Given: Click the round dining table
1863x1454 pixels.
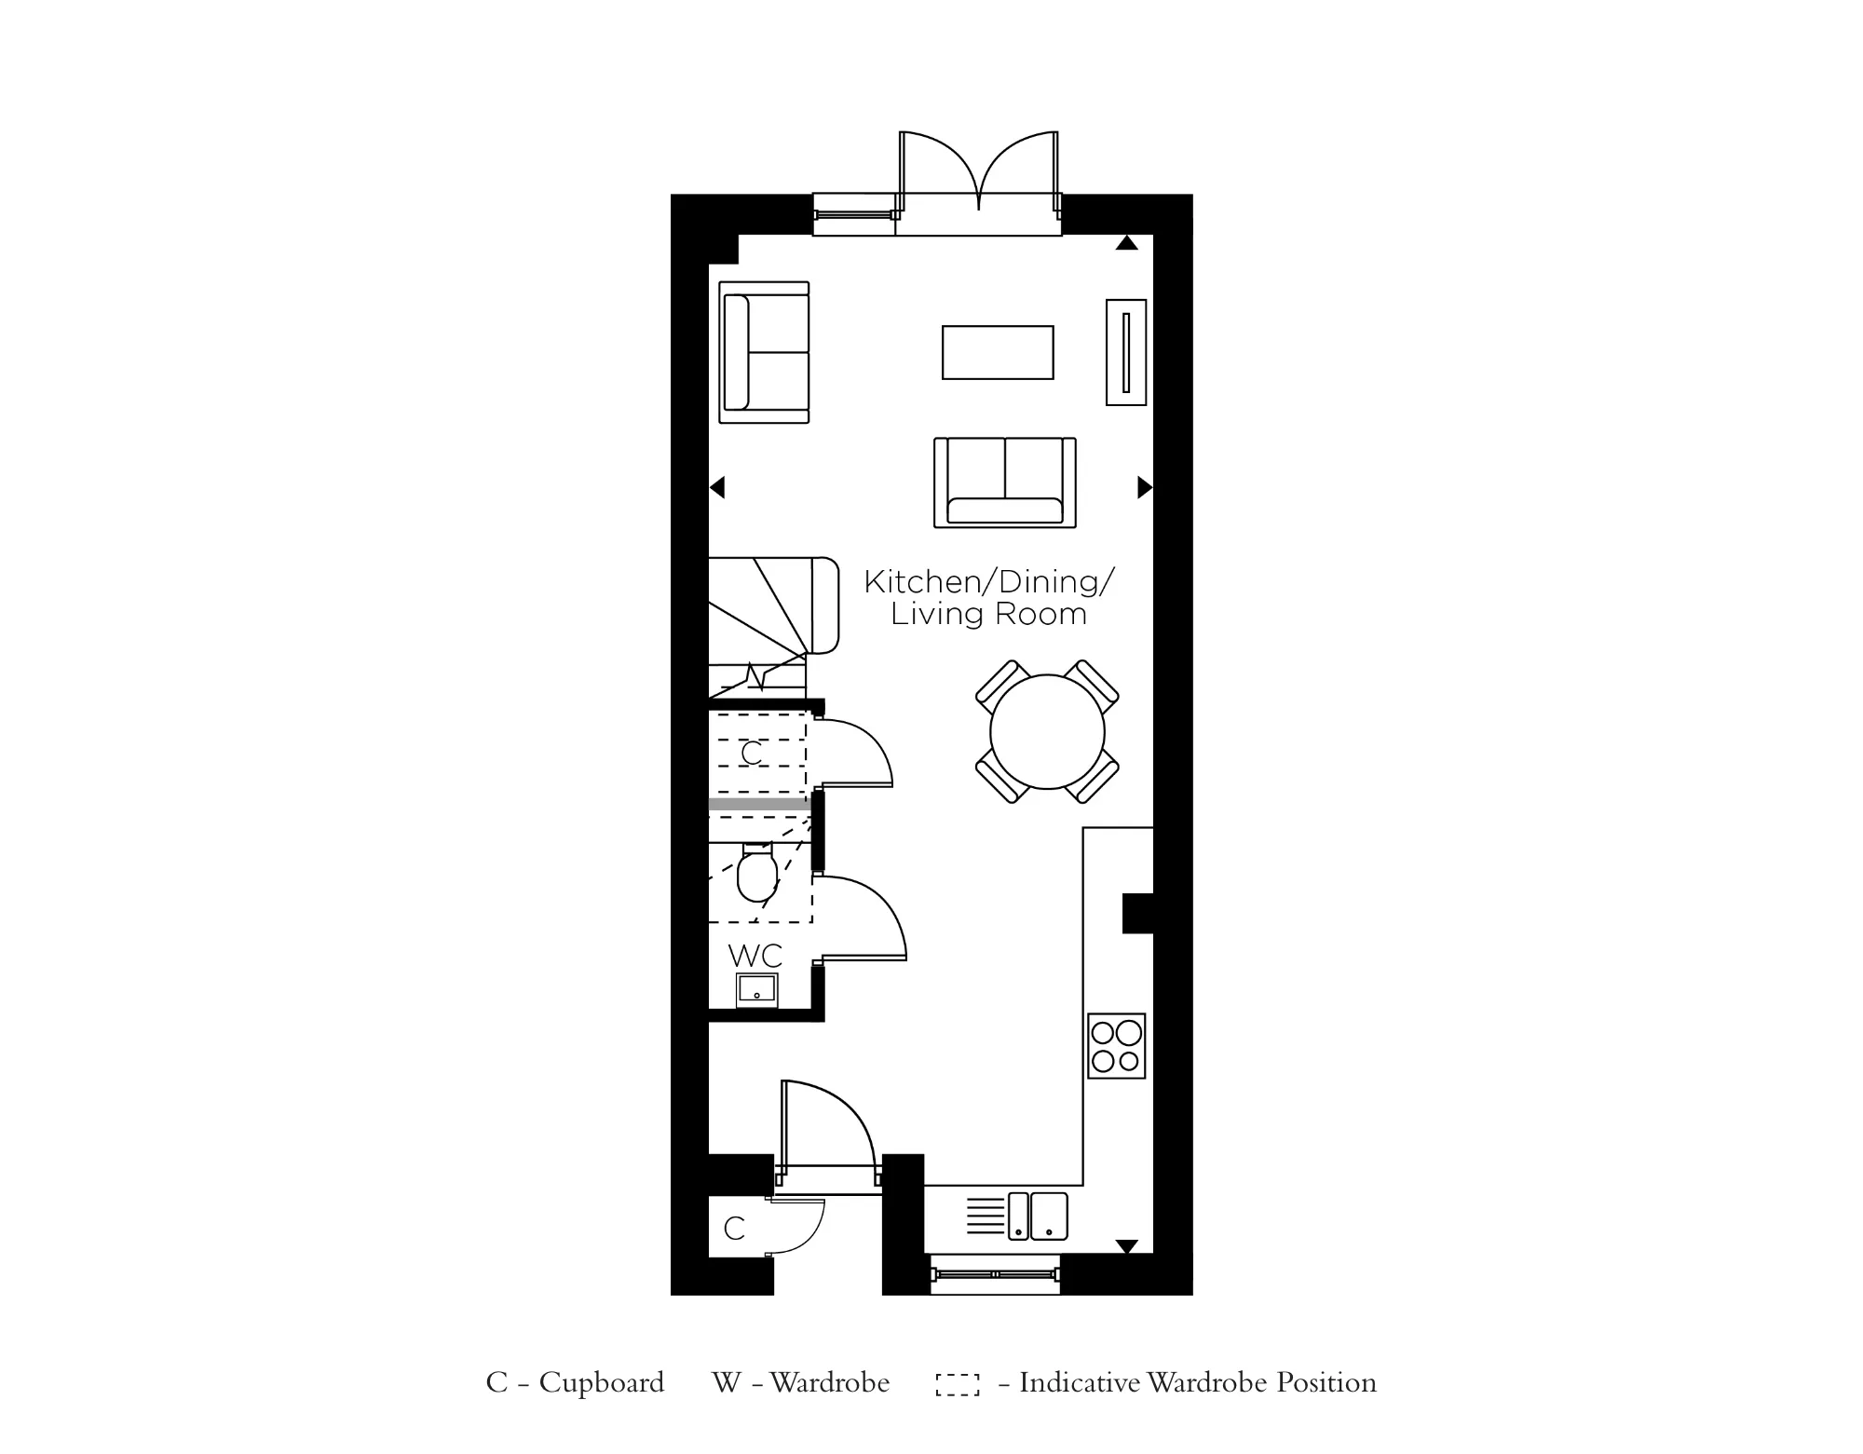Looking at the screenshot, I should (x=1047, y=731).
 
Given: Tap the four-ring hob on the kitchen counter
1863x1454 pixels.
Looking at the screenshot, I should (x=1116, y=1046).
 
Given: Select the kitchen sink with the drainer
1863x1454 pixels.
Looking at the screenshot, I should (x=1019, y=1216).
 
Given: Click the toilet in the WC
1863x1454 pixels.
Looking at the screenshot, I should (x=756, y=876).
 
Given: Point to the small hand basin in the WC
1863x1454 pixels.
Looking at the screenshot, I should (x=756, y=990).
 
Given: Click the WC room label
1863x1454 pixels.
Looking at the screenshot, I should (x=755, y=956).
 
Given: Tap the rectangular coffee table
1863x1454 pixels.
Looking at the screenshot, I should (x=998, y=352).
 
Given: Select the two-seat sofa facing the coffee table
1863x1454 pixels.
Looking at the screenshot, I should (x=1004, y=482).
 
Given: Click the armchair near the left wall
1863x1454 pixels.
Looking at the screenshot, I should (x=764, y=352).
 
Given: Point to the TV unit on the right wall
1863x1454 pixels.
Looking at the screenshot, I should (x=1125, y=352).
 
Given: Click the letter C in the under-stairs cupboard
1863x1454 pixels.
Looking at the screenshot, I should (x=752, y=753).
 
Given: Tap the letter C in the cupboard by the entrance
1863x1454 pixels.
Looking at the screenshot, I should (x=734, y=1229).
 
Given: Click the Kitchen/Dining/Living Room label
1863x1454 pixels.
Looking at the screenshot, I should (x=988, y=598).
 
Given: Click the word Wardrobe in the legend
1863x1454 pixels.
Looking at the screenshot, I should (x=829, y=1382).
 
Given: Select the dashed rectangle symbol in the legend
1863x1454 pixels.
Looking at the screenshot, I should (x=958, y=1384).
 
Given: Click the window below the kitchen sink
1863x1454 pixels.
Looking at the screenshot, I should (x=995, y=1273).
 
